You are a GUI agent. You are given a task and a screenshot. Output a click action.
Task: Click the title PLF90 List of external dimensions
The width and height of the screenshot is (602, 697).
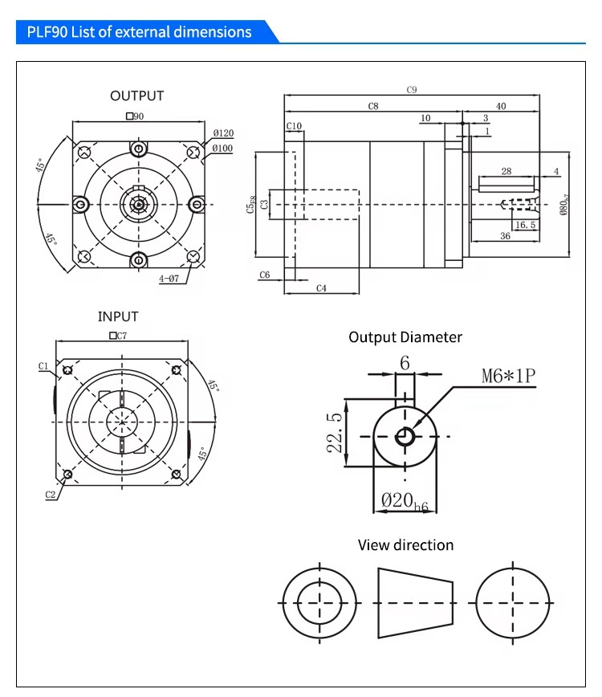[139, 32]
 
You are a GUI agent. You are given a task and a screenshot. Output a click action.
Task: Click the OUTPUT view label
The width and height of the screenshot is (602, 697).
[136, 96]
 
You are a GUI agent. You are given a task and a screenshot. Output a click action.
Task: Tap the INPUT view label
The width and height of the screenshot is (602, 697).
[118, 316]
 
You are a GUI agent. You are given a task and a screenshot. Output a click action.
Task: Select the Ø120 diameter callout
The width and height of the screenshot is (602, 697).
[223, 132]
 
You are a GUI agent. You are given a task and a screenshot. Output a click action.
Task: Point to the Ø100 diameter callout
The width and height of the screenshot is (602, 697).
[223, 148]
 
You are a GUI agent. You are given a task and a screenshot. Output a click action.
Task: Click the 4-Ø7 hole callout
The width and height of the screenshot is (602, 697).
[170, 279]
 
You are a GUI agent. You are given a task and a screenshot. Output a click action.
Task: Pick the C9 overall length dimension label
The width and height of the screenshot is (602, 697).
[412, 90]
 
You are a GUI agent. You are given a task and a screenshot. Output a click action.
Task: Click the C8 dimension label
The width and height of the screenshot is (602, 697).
[373, 106]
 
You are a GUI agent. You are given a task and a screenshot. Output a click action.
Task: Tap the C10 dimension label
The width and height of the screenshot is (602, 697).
[294, 126]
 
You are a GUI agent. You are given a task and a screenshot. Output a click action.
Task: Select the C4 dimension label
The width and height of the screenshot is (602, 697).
[321, 287]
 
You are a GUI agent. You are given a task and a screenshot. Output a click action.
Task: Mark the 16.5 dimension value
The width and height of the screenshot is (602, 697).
[526, 226]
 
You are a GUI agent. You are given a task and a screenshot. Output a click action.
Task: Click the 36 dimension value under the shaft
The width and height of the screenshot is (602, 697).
[505, 236]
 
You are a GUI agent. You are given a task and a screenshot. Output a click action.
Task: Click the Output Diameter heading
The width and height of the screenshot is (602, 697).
[405, 337]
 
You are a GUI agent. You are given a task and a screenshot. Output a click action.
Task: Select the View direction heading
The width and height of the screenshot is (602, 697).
[405, 545]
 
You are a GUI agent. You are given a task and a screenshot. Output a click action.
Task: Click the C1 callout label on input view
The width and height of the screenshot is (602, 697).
[44, 366]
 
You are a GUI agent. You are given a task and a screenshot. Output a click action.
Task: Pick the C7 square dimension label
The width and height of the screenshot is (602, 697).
[118, 336]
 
